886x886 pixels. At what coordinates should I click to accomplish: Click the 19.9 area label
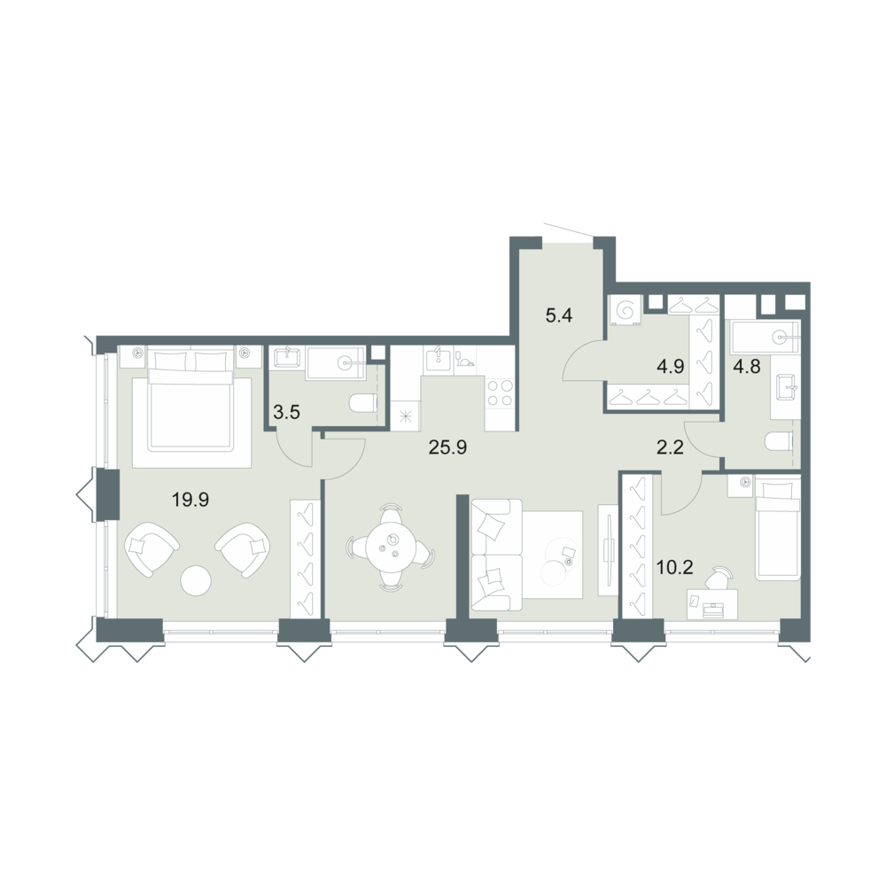tap(191, 500)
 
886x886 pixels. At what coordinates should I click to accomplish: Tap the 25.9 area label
tap(447, 447)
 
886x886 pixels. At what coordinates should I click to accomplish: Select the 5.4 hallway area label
tap(559, 315)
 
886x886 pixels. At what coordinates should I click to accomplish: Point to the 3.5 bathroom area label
tap(286, 412)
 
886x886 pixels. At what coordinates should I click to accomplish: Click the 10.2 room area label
tap(674, 567)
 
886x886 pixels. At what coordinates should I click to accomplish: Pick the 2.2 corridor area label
tap(671, 448)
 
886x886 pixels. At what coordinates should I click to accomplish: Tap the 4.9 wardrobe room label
tap(671, 366)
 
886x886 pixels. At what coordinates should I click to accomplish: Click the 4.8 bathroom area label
tap(747, 366)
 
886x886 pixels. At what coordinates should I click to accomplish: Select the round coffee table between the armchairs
tap(196, 580)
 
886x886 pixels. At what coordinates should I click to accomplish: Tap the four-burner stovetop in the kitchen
tap(500, 392)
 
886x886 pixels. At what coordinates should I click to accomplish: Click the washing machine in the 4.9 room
tap(626, 311)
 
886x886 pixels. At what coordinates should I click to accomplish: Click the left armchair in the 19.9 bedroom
tap(151, 548)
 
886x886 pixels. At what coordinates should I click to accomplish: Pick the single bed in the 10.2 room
tap(778, 528)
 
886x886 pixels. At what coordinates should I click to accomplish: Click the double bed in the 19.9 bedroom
tap(191, 400)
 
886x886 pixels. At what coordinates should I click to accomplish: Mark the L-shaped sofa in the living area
tap(496, 555)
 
